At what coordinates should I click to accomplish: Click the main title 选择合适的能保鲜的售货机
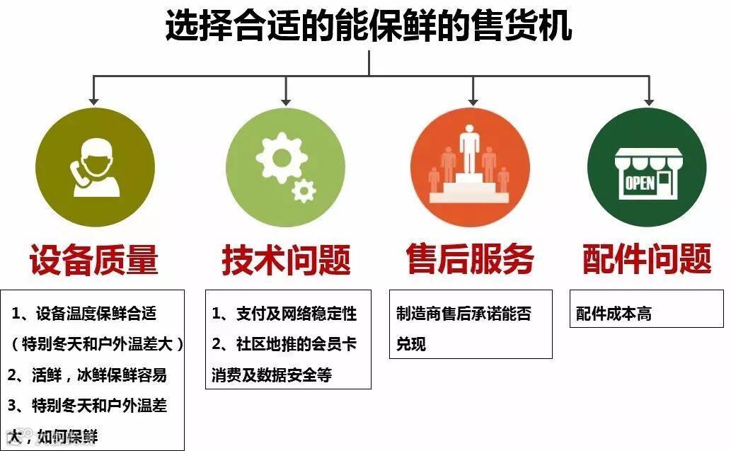coord(368,26)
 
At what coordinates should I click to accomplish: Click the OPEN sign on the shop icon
coord(640,183)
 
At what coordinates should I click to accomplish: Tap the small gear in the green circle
coord(304,190)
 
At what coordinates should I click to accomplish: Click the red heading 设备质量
coord(93,260)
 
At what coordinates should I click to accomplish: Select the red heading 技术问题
coord(286,260)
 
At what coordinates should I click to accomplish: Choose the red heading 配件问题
coord(647,260)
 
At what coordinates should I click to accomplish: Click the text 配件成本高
coord(614,314)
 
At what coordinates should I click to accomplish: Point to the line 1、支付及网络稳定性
coord(284,313)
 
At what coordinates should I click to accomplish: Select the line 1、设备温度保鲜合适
coord(84,312)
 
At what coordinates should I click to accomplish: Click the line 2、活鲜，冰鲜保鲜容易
coord(88,375)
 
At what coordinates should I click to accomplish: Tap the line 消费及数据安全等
coord(272,375)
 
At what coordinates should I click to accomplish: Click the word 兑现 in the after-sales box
coord(411,344)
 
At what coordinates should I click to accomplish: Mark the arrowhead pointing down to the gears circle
coord(286,101)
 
